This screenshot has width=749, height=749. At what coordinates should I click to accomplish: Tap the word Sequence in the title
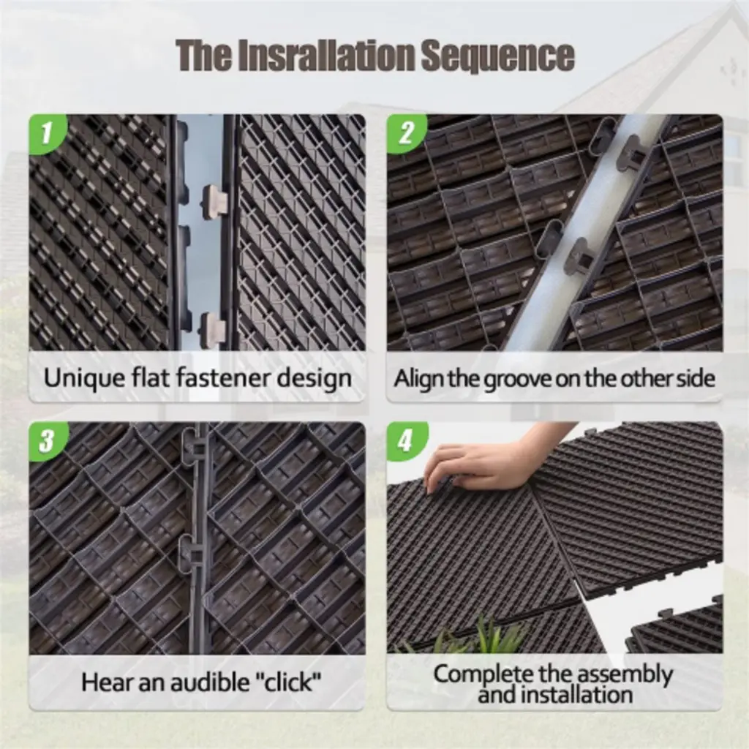pyautogui.click(x=497, y=56)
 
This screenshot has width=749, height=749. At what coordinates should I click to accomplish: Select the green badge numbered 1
pyautogui.click(x=48, y=133)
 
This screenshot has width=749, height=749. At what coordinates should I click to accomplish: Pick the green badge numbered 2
pyautogui.click(x=405, y=133)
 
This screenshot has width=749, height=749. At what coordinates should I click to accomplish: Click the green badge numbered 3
pyautogui.click(x=48, y=440)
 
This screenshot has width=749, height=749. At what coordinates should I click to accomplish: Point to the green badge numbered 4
pyautogui.click(x=405, y=440)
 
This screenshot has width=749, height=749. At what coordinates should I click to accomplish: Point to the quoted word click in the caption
pyautogui.click(x=288, y=681)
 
